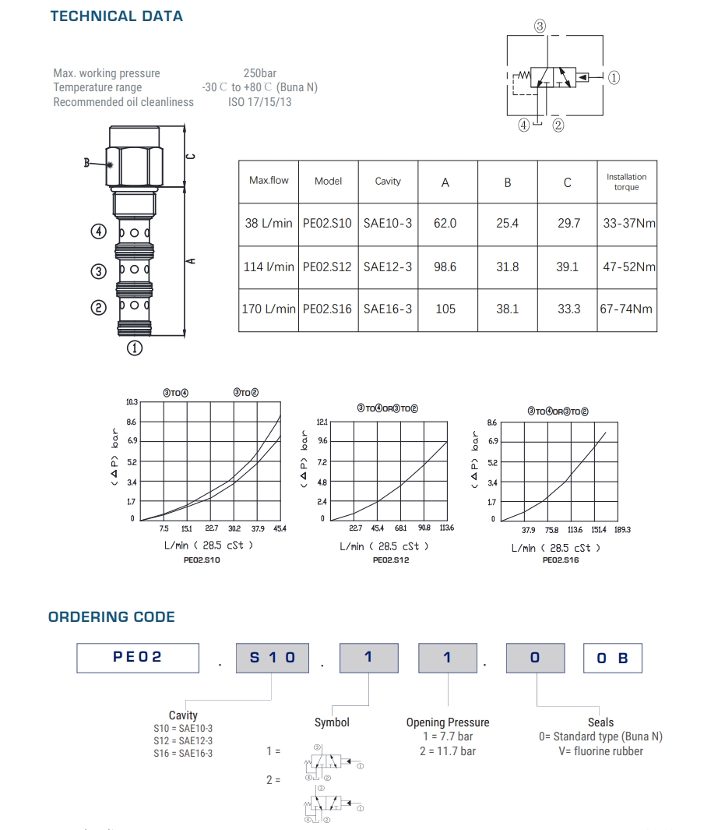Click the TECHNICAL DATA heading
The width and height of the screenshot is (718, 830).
pos(117,16)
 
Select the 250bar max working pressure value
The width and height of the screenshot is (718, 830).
pos(260,73)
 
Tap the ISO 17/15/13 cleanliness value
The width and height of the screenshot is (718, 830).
pos(260,102)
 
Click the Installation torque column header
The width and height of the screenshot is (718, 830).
pos(626,182)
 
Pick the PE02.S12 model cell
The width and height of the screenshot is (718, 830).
pos(328,267)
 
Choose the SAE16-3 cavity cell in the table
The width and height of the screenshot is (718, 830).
pos(388,309)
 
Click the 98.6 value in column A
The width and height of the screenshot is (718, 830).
pos(445,267)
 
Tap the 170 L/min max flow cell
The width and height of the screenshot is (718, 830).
pos(269,309)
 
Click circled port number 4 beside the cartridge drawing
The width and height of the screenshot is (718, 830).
pos(98,231)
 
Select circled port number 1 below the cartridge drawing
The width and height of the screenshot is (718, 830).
pos(136,348)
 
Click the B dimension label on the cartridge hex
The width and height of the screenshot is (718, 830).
pos(87,163)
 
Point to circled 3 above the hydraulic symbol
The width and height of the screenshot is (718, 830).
pos(540,26)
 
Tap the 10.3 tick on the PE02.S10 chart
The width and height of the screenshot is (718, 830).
pos(132,402)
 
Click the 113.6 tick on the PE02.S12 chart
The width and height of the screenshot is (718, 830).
pos(446,528)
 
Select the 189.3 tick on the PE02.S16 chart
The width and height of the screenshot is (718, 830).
pos(621,530)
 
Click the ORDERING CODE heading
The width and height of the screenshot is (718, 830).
pos(111,617)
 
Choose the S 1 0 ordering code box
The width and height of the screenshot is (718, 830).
pos(273,657)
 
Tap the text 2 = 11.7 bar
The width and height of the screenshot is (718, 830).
pos(448,751)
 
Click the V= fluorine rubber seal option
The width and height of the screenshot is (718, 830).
pos(600,751)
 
